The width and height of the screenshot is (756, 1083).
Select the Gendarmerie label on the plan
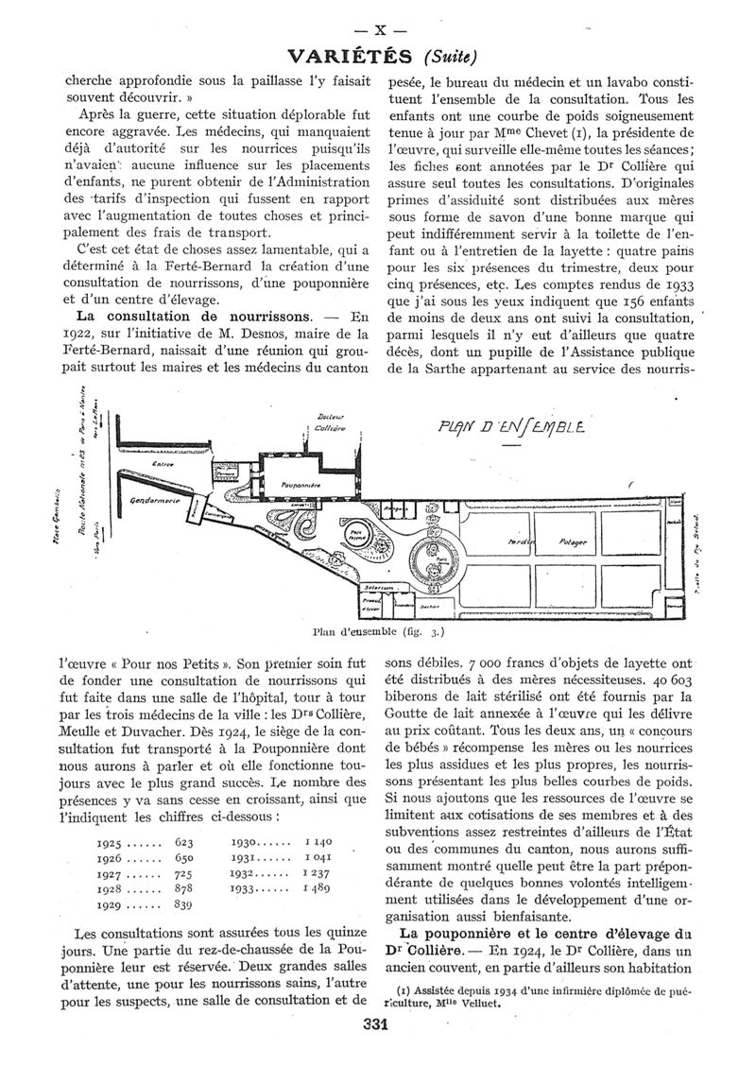coord(153,500)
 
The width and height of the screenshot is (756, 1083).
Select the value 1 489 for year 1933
coord(316,889)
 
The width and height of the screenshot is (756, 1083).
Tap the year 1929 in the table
coord(112,905)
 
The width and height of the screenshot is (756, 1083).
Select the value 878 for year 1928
coord(183,889)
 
